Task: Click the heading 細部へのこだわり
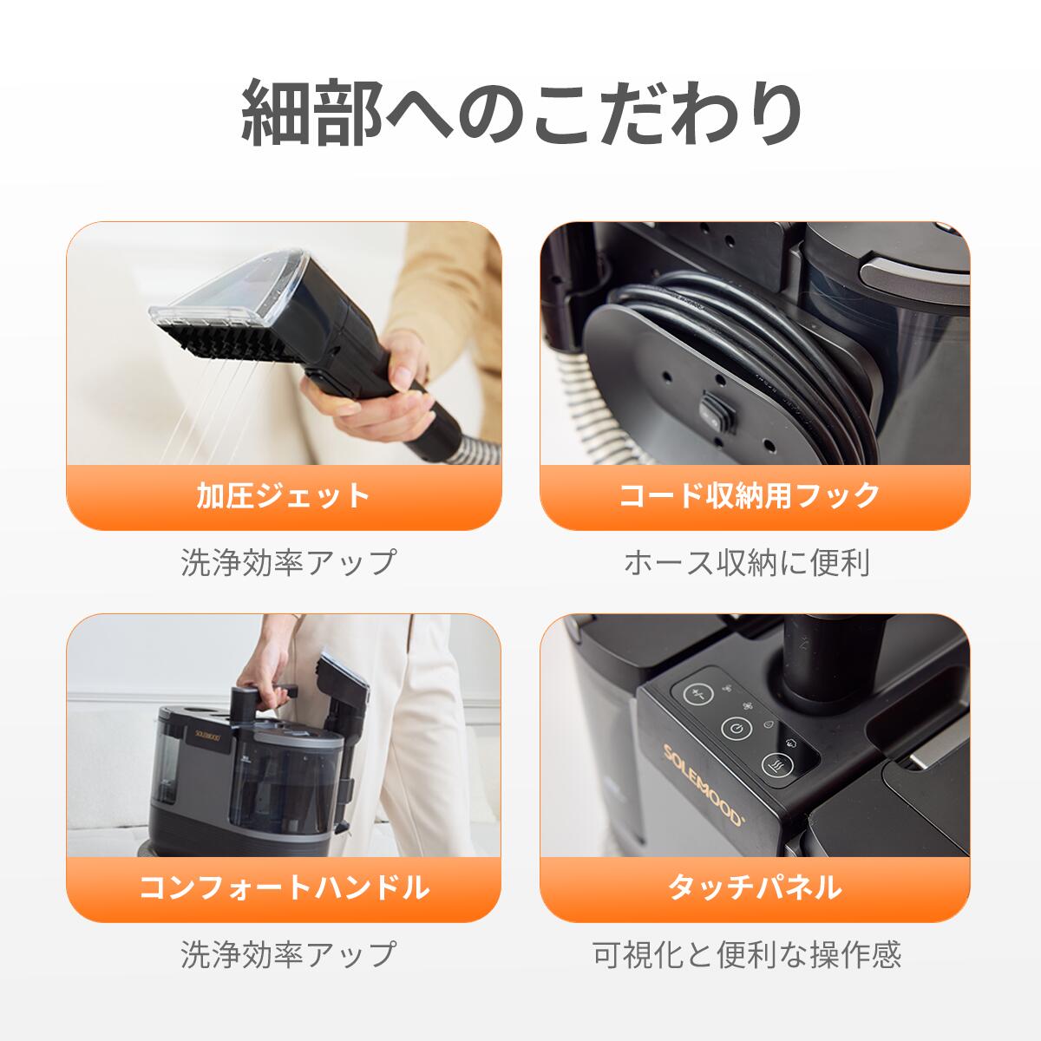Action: tap(520, 113)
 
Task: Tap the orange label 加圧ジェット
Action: tap(284, 496)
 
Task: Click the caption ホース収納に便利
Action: tap(747, 563)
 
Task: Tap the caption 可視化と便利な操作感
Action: tap(747, 955)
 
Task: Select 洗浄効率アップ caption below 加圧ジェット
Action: tap(288, 563)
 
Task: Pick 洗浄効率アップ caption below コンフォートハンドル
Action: tap(288, 955)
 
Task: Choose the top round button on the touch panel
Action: tap(697, 694)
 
